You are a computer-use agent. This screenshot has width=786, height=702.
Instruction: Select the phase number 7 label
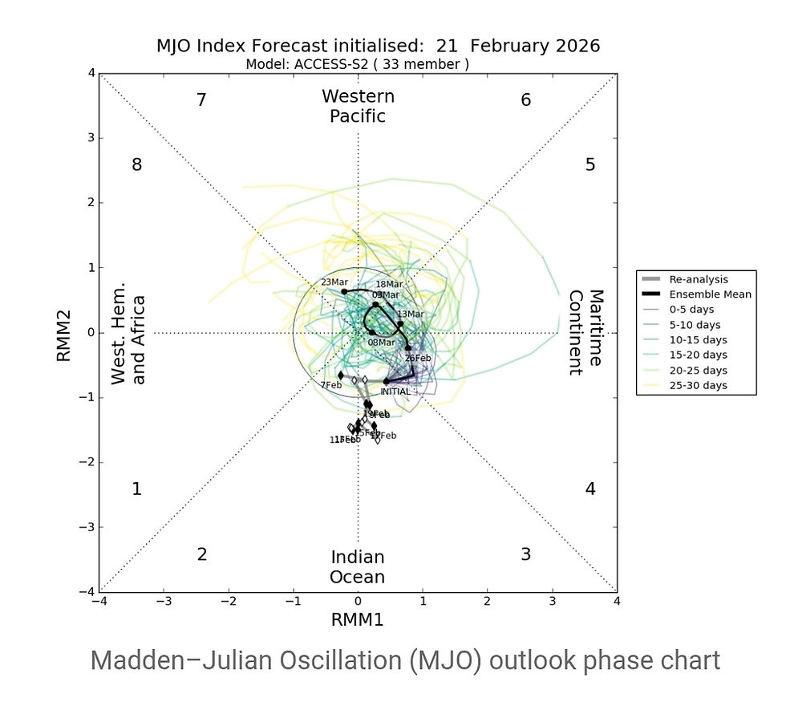(202, 100)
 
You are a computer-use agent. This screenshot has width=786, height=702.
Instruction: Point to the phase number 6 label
(526, 100)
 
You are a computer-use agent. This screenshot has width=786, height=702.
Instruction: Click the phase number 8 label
(137, 165)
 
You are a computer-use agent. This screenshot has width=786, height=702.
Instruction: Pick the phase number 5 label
(590, 165)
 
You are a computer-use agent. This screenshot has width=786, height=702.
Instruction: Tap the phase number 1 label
(137, 489)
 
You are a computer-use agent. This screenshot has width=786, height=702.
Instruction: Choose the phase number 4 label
(590, 489)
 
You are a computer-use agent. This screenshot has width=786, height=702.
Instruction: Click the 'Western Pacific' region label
(358, 107)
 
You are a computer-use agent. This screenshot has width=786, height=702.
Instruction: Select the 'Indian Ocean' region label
(358, 567)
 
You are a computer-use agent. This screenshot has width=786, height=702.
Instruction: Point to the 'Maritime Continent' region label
(585, 332)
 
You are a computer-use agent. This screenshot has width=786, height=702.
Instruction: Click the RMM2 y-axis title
(67, 332)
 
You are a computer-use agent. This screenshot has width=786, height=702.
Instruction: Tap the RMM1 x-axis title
(358, 619)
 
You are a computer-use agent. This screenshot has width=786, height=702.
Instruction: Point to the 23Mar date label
(334, 282)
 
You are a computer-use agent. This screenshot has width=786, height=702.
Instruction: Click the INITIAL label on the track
(395, 392)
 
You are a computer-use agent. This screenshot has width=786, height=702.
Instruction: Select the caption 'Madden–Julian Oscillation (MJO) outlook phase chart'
(405, 660)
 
